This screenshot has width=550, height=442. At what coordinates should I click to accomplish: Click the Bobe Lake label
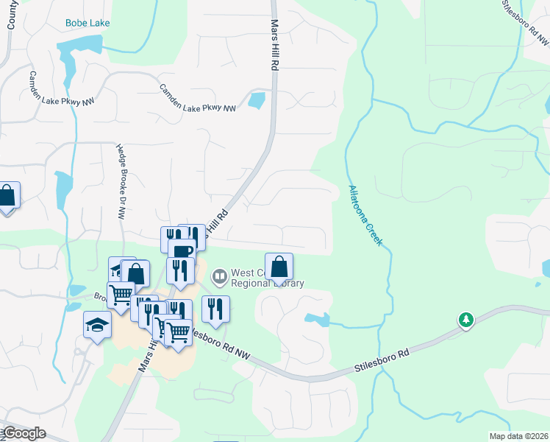point(87,23)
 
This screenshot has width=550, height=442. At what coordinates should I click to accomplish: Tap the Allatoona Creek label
point(365,214)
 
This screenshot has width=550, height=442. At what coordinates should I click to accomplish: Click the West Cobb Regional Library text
point(267,278)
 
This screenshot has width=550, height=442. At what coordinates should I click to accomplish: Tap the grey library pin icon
point(218,278)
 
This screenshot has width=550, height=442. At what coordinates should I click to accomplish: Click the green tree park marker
point(465,320)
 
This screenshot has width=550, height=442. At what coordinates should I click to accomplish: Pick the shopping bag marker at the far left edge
point(7,195)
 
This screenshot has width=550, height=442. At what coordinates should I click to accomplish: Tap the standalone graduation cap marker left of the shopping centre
point(96,325)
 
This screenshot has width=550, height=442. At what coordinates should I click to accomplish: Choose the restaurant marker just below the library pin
point(215,308)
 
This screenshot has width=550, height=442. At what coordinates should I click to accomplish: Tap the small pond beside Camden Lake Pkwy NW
point(257,100)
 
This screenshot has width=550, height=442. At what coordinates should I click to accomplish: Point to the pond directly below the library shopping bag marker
point(316,319)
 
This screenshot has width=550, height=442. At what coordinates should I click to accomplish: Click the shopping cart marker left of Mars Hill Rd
point(121,295)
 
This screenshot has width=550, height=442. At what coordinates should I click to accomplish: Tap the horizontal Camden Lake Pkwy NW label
point(198,98)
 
